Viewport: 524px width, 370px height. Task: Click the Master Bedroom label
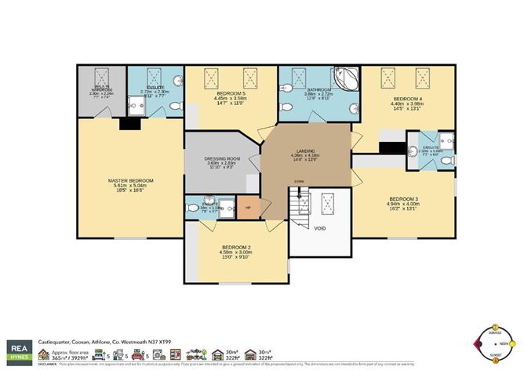[x=131, y=181]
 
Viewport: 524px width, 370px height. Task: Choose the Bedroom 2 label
[x=237, y=248]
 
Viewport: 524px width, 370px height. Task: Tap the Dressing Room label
[x=220, y=158]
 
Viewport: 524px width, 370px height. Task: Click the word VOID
[x=319, y=229]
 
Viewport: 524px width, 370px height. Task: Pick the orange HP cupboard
[x=249, y=208]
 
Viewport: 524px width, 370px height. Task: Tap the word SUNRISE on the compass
[x=494, y=332]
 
